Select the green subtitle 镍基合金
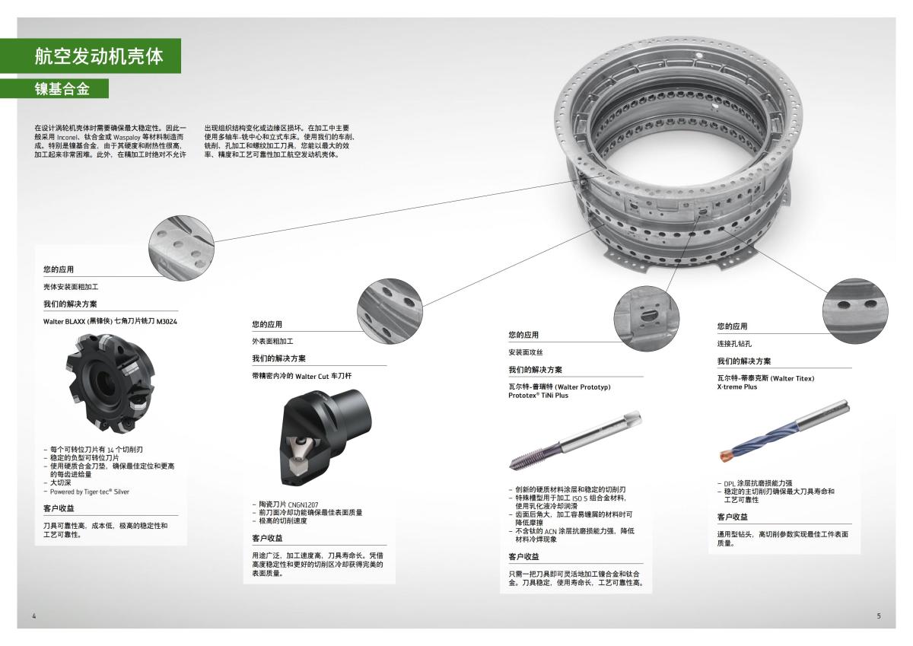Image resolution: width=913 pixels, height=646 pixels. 62,89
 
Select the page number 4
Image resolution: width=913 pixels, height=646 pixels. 33,616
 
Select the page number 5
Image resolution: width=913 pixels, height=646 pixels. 878,616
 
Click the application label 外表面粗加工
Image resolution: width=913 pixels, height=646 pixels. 272,341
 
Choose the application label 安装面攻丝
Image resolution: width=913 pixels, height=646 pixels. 526,352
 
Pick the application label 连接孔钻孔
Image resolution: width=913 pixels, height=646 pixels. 736,344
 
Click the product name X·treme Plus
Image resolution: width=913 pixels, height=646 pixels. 737,387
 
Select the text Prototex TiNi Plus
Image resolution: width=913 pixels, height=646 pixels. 538,396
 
